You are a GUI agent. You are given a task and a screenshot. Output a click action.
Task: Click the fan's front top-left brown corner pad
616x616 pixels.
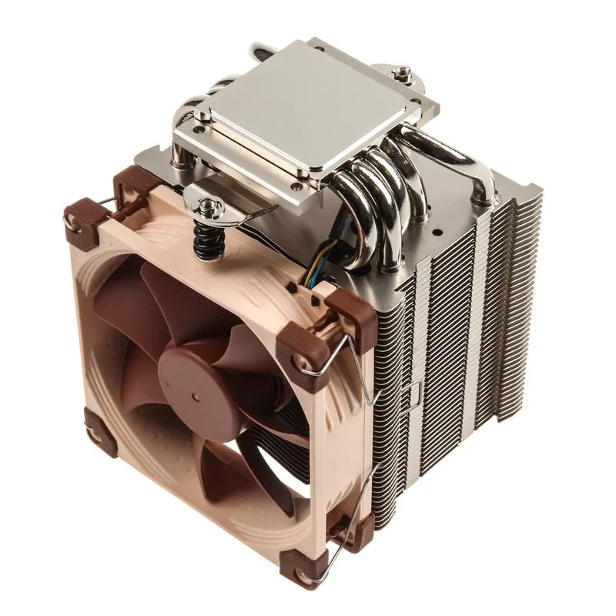point(81,223)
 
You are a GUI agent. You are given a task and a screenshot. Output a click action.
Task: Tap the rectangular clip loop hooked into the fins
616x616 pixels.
point(411,393)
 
